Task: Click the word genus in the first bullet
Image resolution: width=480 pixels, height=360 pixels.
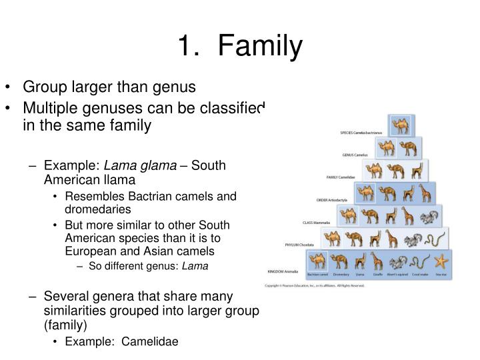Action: (x=173, y=87)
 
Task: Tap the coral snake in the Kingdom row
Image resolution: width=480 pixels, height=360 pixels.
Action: (x=419, y=262)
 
